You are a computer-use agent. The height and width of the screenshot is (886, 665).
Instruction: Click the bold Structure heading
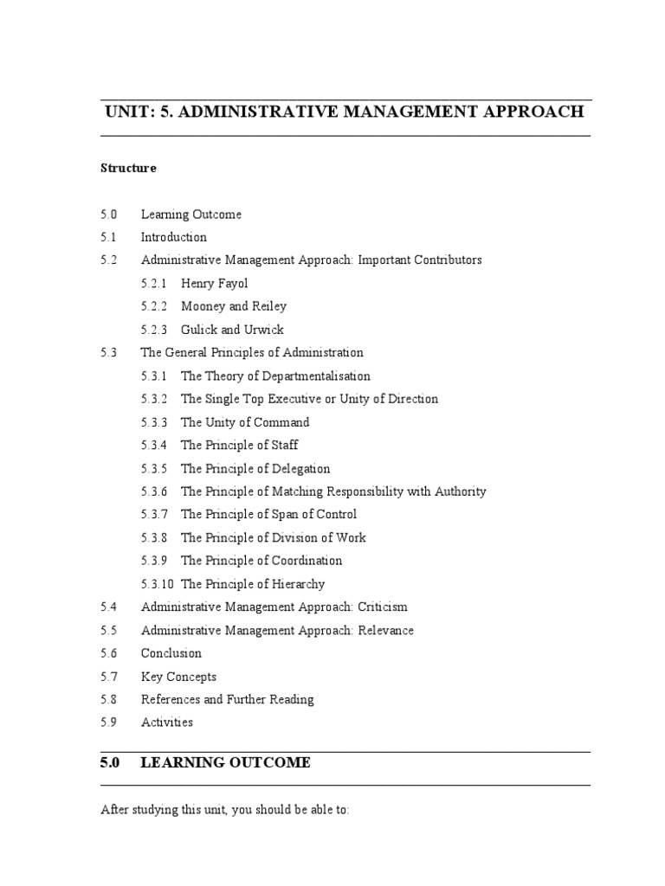128,168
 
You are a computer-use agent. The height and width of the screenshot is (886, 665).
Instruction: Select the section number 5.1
108,237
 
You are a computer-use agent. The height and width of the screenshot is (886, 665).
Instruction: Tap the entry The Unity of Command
245,422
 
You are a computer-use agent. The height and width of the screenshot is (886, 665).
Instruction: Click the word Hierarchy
297,584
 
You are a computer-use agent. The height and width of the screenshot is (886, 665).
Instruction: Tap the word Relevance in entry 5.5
384,630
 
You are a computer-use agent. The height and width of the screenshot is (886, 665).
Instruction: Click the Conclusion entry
171,653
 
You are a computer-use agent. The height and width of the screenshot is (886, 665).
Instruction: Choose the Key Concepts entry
178,677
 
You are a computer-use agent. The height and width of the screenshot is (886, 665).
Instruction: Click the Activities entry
167,722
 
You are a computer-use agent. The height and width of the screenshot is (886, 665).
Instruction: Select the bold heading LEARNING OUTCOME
225,762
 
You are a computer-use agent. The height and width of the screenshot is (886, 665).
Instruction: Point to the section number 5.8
108,699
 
